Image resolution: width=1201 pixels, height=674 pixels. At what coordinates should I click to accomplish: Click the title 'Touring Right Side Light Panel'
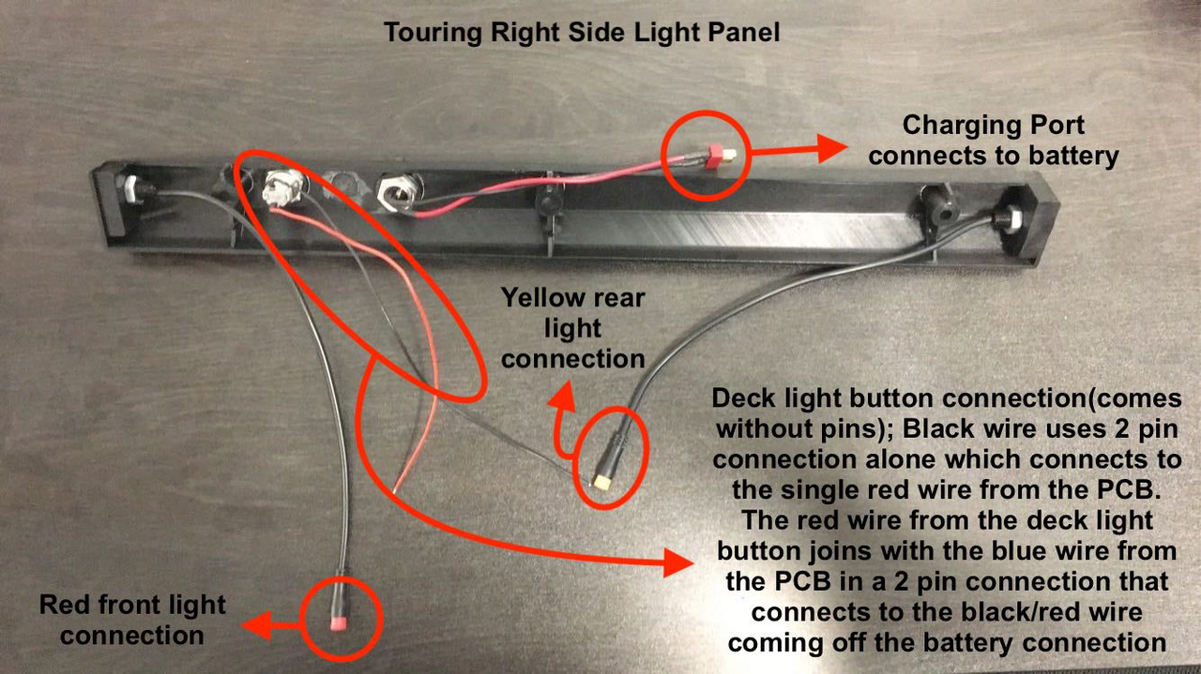(x=582, y=33)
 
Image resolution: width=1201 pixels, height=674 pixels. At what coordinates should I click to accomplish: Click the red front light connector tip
(x=337, y=623)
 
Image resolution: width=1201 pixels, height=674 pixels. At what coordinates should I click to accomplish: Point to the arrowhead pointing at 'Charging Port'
(x=832, y=148)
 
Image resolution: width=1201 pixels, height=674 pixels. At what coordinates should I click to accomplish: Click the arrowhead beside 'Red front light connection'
(x=256, y=625)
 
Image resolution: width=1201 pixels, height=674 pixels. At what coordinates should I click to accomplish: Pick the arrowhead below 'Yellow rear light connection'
(x=561, y=398)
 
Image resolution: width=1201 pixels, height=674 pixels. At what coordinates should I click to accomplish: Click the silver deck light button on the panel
(x=282, y=187)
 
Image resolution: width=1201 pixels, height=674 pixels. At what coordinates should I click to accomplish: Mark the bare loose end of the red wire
(x=394, y=490)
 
